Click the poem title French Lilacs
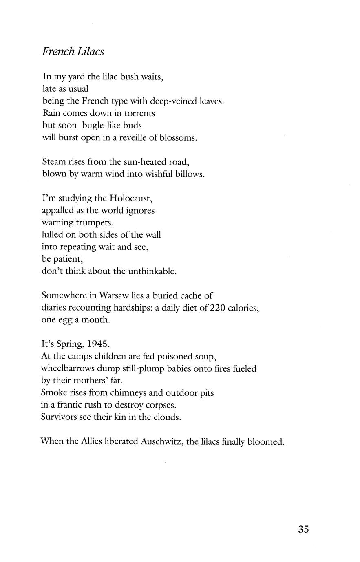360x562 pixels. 73,52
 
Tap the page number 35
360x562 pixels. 303,529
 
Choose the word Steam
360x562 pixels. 54,162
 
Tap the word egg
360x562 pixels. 66,320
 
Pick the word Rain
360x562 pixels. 51,113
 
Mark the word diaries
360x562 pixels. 55,308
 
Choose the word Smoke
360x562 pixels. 54,393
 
